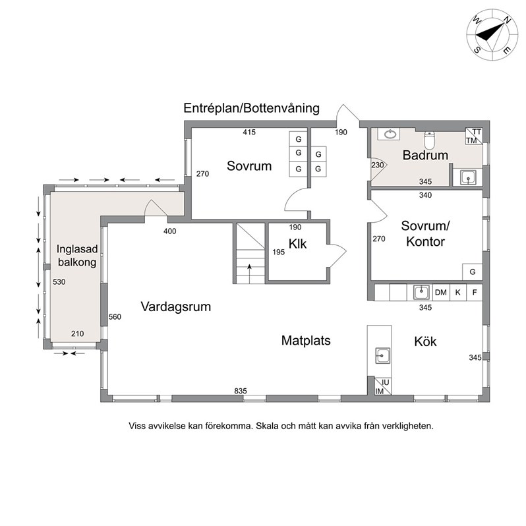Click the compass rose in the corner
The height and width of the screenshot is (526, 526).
click(x=492, y=35)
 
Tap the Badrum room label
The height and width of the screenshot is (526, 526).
click(x=425, y=156)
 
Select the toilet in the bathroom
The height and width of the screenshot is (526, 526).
click(x=429, y=140)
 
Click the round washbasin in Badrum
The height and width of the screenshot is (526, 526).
click(x=389, y=134)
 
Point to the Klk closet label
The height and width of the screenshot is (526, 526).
click(x=297, y=244)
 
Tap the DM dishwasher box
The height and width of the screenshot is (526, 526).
click(x=441, y=292)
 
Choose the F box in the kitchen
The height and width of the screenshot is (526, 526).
click(x=475, y=292)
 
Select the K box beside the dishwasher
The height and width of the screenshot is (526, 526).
click(x=458, y=292)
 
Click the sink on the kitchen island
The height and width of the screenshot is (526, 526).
click(x=382, y=355)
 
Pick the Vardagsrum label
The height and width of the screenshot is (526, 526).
click(x=176, y=307)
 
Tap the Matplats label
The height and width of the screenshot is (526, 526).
click(x=306, y=341)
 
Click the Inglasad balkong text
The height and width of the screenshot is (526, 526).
click(x=77, y=255)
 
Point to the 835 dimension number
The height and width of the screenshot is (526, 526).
click(x=241, y=391)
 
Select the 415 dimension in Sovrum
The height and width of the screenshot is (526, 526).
click(x=249, y=132)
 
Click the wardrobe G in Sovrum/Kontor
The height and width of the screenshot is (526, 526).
click(x=473, y=272)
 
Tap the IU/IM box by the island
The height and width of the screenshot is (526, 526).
click(x=383, y=386)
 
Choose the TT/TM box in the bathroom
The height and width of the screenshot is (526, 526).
click(x=474, y=136)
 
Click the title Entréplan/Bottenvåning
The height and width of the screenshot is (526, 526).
click(x=251, y=108)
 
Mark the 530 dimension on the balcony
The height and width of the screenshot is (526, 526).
click(x=59, y=282)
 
